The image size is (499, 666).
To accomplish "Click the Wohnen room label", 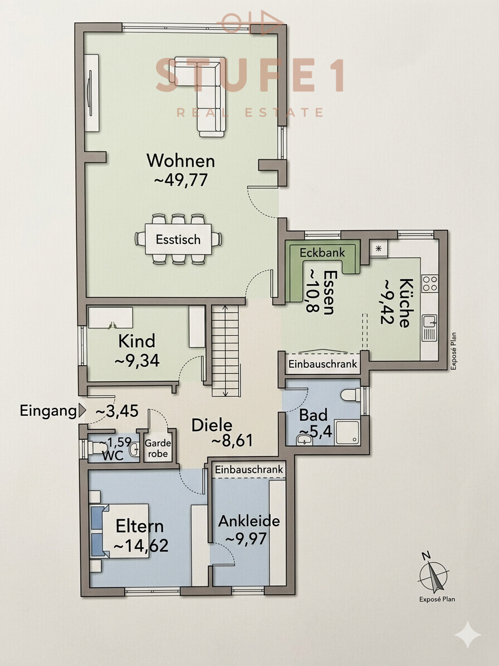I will [180, 161].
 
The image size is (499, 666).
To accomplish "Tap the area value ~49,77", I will [180, 181].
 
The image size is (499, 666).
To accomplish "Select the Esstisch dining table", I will [178, 240].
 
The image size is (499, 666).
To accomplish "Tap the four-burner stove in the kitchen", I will [429, 283].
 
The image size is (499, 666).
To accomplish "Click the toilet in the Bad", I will [349, 395].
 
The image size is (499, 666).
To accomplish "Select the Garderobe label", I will [156, 449].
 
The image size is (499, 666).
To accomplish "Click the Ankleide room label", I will [248, 522].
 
